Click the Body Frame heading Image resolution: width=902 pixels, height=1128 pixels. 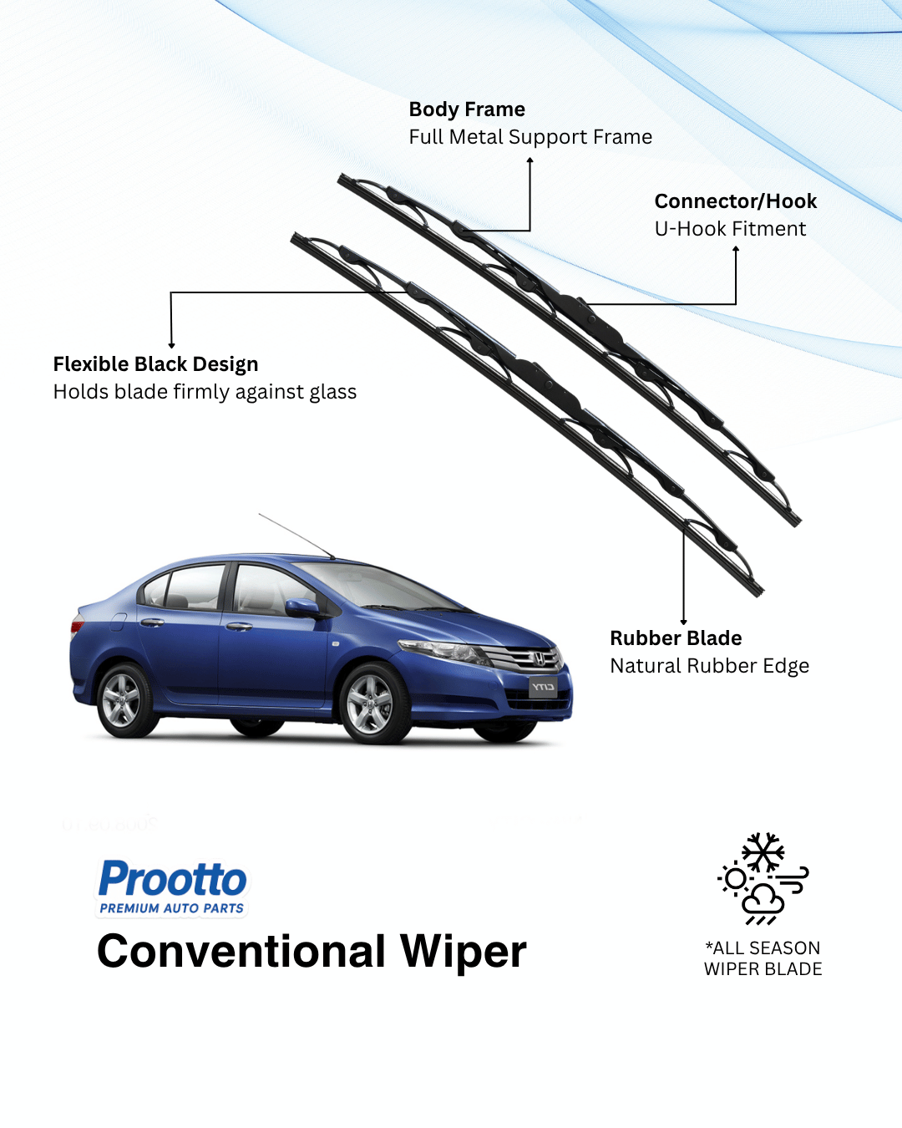(x=467, y=109)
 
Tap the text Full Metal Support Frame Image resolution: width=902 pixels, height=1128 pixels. (x=530, y=137)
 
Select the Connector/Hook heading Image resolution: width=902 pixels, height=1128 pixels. (x=735, y=201)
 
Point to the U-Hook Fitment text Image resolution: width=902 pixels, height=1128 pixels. (x=730, y=229)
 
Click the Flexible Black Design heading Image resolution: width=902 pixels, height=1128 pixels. (x=155, y=364)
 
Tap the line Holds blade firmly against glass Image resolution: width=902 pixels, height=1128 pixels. (x=205, y=392)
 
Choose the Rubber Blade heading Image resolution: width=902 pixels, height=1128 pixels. (x=676, y=638)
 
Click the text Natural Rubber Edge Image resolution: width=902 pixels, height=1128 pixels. (x=709, y=666)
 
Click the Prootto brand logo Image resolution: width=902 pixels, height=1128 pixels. (x=173, y=880)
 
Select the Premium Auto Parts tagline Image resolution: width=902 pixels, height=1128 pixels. (x=172, y=908)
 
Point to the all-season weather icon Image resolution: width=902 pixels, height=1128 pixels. (x=763, y=878)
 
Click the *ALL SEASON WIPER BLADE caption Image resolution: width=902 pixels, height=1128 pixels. (x=763, y=958)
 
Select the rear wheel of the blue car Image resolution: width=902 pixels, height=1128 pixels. (x=122, y=700)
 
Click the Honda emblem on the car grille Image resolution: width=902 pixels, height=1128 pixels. (x=539, y=659)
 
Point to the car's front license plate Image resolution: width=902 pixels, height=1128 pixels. (x=543, y=687)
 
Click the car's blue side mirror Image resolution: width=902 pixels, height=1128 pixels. (x=302, y=607)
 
